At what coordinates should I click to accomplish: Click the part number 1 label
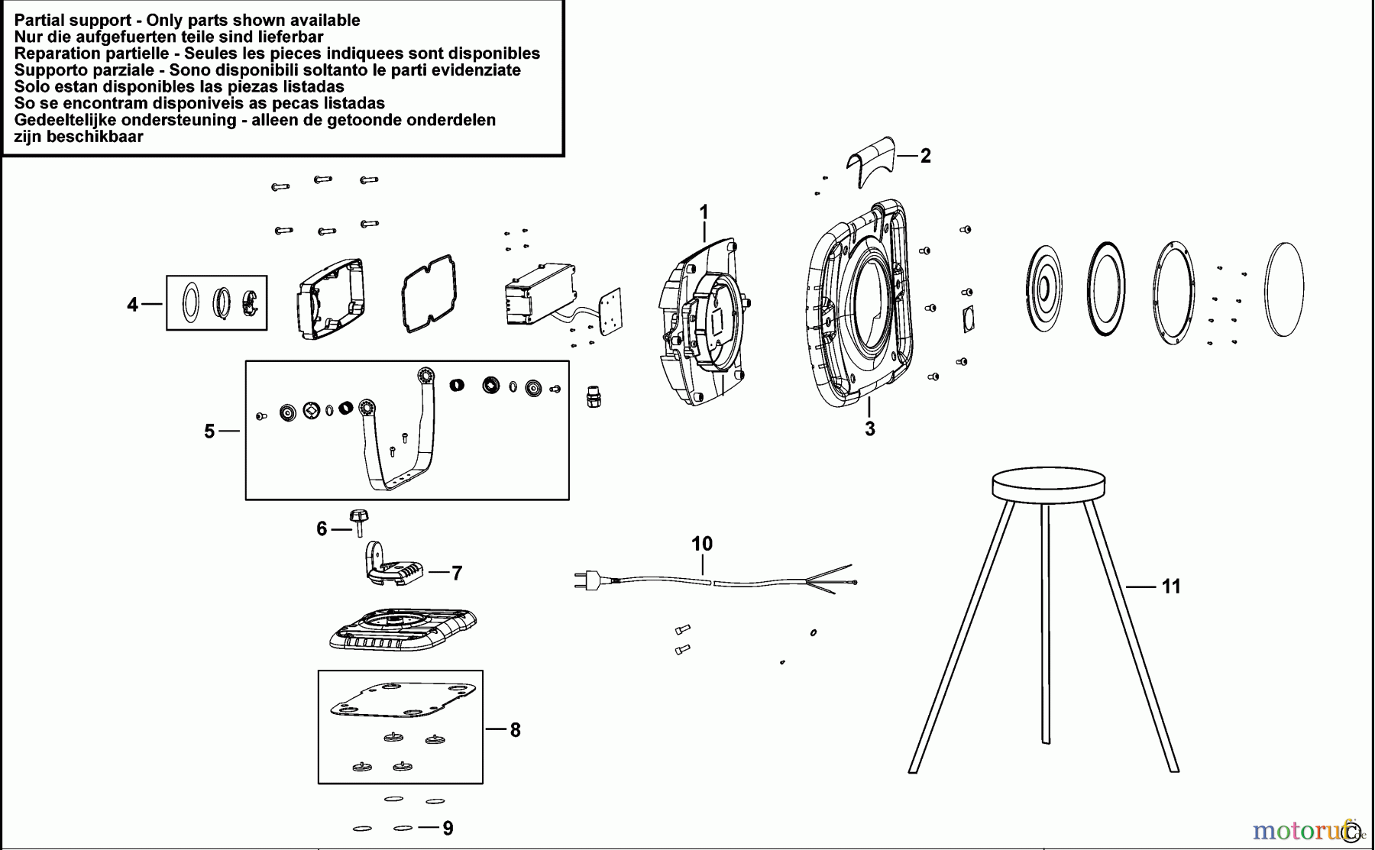tap(704, 212)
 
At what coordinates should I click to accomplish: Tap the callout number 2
tap(926, 156)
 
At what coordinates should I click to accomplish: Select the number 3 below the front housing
tap(869, 428)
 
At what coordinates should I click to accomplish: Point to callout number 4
tap(132, 305)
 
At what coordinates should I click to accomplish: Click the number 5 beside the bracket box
tap(209, 431)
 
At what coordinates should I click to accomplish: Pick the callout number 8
tap(515, 730)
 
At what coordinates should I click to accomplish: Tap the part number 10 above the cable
tap(701, 544)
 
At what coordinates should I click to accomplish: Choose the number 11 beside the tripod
tap(1171, 587)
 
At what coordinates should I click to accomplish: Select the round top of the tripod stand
tap(1048, 484)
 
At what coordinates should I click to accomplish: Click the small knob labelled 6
tap(358, 519)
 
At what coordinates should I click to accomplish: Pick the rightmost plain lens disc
tap(1284, 289)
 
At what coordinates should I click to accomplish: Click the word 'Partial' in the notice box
tap(41, 21)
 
